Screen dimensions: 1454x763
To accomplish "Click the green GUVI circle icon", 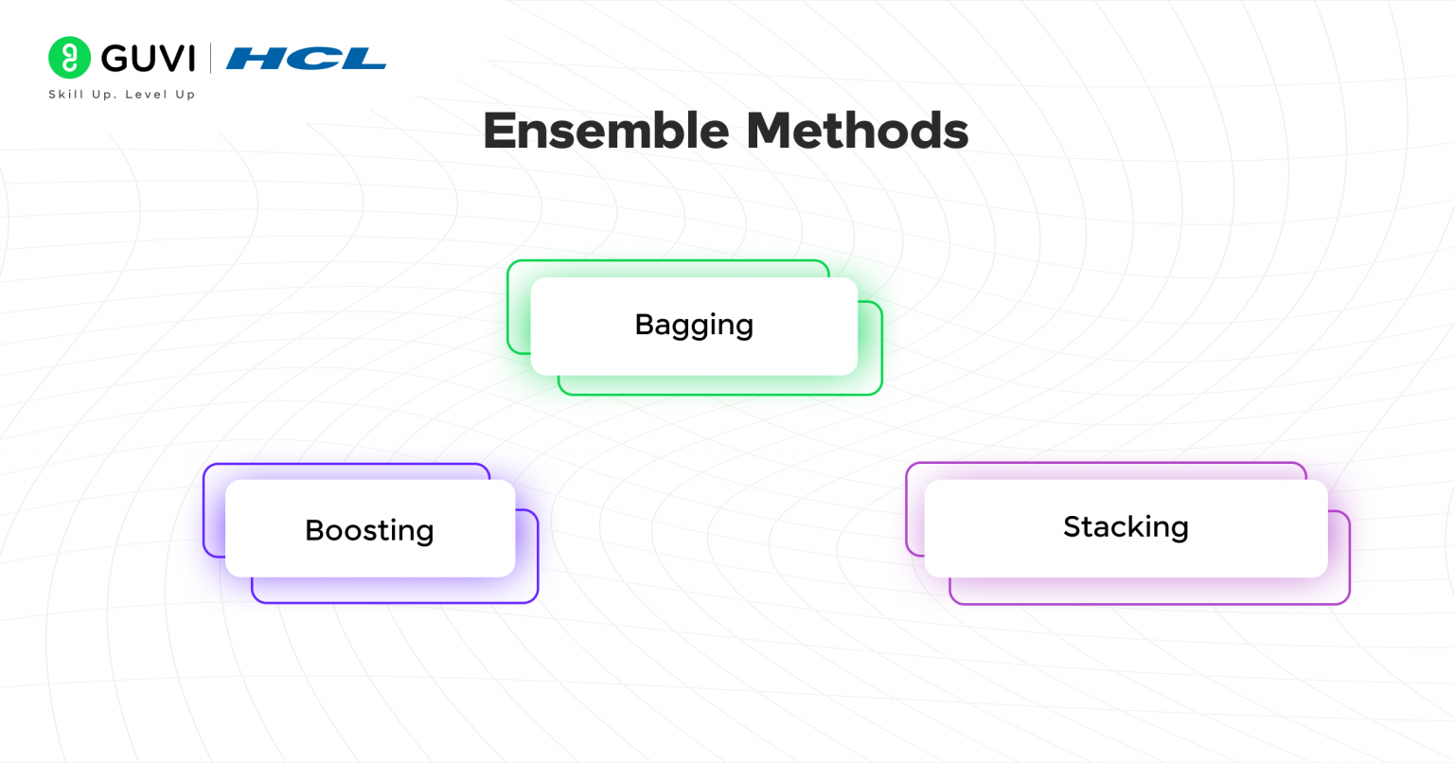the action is click(69, 58).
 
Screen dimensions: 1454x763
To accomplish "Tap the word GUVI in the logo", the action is click(149, 59).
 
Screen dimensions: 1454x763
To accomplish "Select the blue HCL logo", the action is click(307, 59).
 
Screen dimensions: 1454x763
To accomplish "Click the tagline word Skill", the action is click(66, 94).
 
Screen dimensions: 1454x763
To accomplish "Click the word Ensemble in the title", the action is click(606, 131).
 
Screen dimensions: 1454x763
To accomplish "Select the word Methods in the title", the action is click(858, 131).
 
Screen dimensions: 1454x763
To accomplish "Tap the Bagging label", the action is click(694, 326).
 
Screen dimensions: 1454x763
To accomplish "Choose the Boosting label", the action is click(369, 530).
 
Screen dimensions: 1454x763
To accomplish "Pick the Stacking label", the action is click(1126, 526).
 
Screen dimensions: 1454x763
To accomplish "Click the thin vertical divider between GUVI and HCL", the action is click(210, 59).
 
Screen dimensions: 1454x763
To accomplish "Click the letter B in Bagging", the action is click(646, 324).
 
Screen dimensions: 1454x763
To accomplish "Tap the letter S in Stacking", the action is click(1073, 526).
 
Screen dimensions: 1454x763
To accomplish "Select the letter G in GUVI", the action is click(115, 59).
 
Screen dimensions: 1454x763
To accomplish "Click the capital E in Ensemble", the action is click(498, 132).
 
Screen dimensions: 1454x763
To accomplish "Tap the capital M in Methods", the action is click(768, 132).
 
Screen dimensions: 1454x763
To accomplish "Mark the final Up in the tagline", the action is click(185, 95).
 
